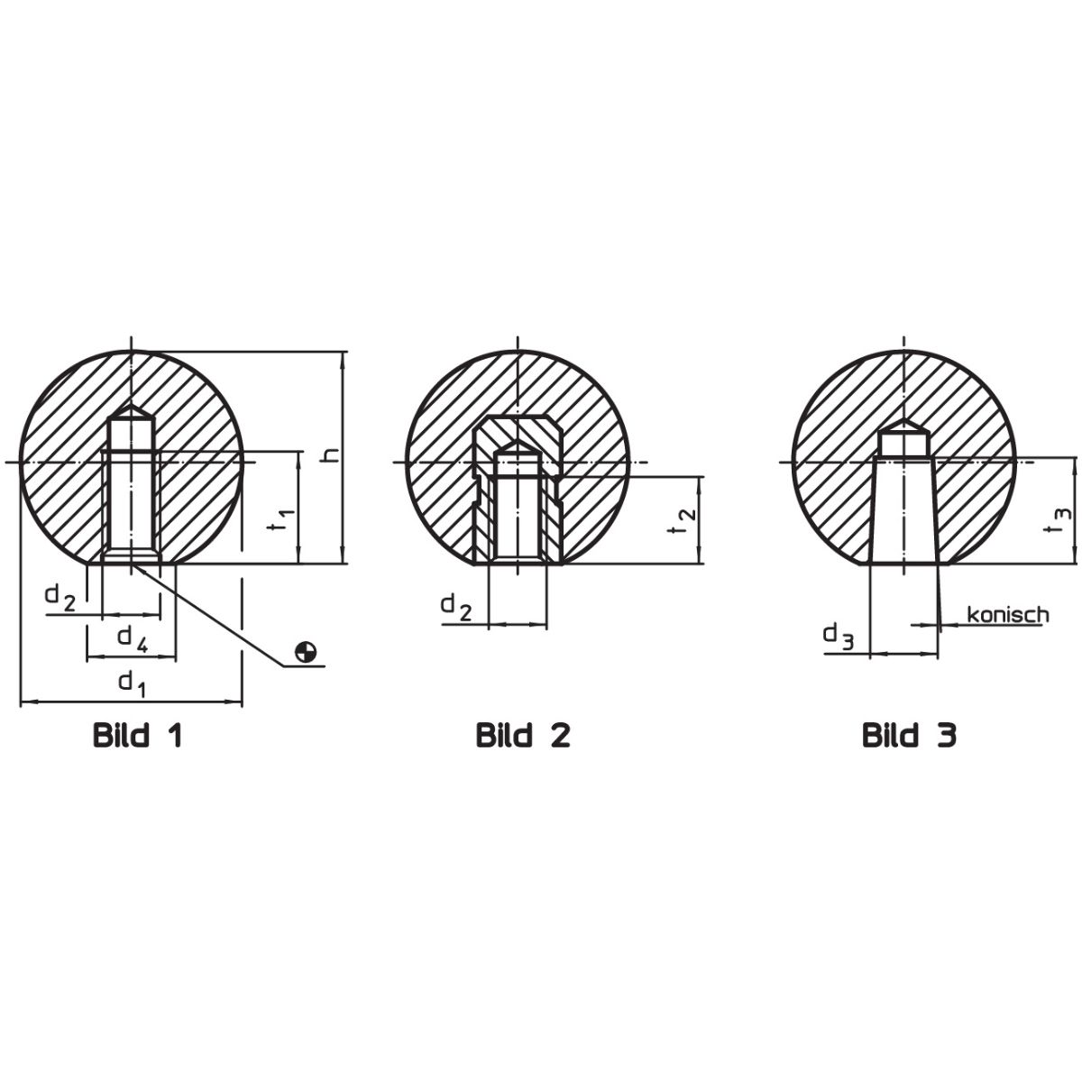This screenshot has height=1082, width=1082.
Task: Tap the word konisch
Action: click(x=1008, y=615)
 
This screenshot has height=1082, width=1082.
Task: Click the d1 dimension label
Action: click(x=133, y=684)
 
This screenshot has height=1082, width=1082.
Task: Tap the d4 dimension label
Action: click(x=133, y=639)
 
